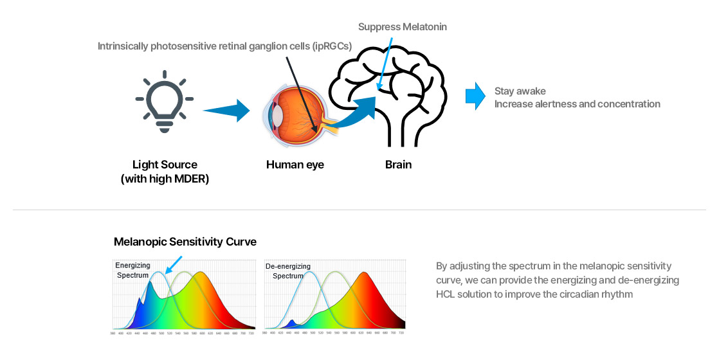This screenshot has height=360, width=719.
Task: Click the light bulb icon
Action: (165, 105)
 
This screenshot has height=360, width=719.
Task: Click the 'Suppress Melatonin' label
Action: (402, 27)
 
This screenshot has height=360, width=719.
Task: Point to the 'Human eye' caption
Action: (295, 165)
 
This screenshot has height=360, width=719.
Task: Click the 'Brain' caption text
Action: (398, 165)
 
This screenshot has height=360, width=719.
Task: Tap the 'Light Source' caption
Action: (165, 165)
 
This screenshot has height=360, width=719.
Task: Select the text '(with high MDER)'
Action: (165, 179)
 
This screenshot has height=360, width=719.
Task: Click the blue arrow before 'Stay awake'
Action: (475, 96)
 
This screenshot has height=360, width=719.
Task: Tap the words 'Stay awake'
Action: (520, 91)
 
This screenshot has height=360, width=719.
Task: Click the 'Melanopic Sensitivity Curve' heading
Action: (185, 242)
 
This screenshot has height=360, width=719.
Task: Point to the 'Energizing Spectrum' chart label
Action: (132, 270)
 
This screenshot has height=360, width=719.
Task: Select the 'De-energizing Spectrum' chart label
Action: (287, 271)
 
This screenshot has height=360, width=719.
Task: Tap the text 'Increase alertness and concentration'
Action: (577, 104)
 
